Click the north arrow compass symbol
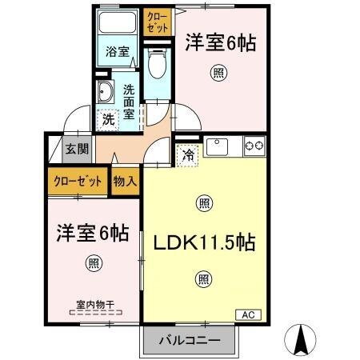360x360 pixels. click(302, 339)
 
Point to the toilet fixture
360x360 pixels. click(157, 64)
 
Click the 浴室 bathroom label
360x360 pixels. click(118, 52)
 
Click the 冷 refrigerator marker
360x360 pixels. click(189, 154)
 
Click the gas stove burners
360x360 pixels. click(254, 146)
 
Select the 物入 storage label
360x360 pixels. click(124, 182)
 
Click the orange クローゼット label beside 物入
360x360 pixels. click(78, 182)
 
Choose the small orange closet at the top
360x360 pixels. click(157, 22)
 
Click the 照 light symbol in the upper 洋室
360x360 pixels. click(218, 74)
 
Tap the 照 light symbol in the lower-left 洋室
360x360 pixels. click(94, 264)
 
